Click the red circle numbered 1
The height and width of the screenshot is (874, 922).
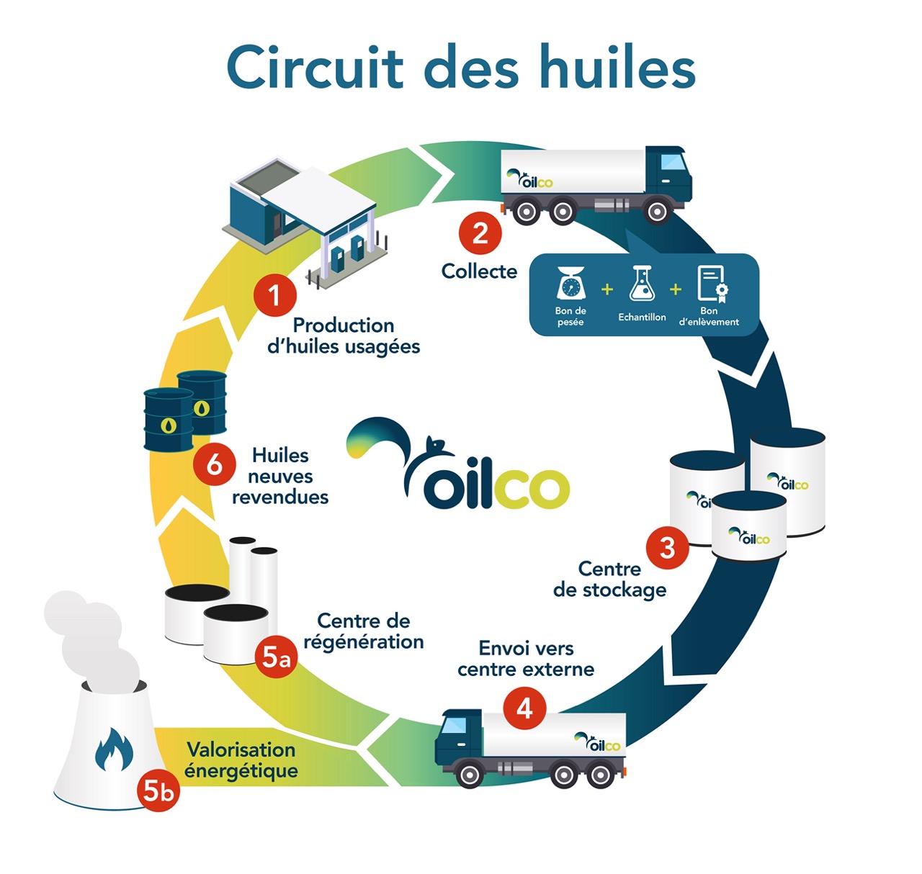tap(274, 295)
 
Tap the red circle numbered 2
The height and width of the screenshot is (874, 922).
tap(480, 233)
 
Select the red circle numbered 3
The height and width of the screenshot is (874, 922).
tap(668, 548)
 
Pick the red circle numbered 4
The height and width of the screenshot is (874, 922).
tap(524, 708)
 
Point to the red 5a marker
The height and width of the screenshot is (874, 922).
tap(276, 657)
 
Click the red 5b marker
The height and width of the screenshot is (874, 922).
tap(158, 790)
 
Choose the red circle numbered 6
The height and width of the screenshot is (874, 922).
tap(214, 465)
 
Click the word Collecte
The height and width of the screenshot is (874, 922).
tap(479, 271)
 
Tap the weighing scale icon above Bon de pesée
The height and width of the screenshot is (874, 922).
tap(570, 283)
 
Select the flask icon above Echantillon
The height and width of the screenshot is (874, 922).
tap(642, 283)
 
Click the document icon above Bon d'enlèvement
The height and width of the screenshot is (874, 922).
tap(712, 283)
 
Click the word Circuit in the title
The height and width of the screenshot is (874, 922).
tap(314, 68)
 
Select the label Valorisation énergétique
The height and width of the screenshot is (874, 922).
tap(241, 760)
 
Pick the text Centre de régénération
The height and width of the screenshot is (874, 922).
tap(364, 631)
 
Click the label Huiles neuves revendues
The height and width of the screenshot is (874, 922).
tap(280, 476)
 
